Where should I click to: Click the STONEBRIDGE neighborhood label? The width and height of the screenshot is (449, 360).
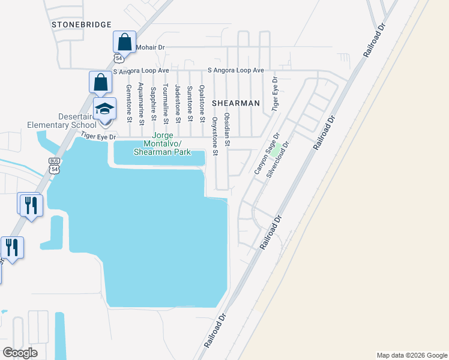click(82, 25)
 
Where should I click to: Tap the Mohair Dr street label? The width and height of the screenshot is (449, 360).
click(149, 47)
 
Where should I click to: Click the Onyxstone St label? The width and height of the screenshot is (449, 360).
click(214, 133)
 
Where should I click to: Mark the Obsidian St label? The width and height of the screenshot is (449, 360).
click(227, 129)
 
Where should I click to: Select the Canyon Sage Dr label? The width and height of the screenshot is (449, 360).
click(268, 154)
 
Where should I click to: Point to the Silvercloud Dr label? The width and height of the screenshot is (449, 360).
click(279, 159)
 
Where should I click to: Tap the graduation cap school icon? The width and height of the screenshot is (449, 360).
click(105, 109)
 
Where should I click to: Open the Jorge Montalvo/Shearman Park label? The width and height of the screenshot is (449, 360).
click(161, 148)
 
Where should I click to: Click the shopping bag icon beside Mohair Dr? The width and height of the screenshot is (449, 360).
click(124, 42)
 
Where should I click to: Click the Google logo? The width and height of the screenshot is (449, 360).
click(20, 352)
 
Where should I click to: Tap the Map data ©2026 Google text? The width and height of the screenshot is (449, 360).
click(411, 355)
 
